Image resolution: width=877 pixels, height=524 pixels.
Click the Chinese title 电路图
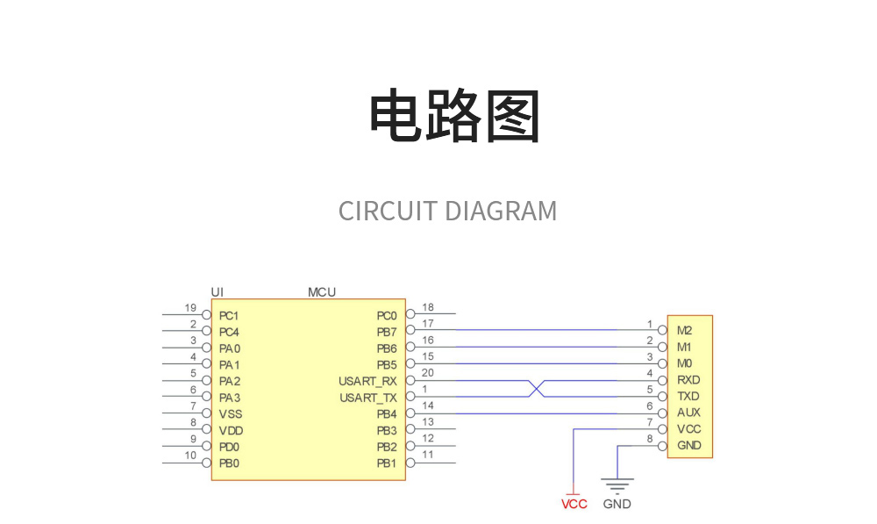(x=453, y=116)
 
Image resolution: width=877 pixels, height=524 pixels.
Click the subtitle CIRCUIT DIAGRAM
(x=447, y=212)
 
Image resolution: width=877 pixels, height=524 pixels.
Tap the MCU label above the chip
(x=321, y=291)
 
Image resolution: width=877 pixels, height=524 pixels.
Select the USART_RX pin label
(x=367, y=381)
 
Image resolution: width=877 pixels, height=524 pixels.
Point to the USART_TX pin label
(x=367, y=398)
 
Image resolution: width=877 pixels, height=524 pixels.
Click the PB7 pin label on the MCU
(x=387, y=332)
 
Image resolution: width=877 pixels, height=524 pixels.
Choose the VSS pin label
(x=231, y=413)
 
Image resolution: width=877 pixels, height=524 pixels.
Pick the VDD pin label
(x=231, y=430)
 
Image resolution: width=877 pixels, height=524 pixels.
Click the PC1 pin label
(x=229, y=315)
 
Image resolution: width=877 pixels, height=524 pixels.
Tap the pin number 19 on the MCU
(x=190, y=308)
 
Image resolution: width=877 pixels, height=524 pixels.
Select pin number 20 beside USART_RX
(x=427, y=374)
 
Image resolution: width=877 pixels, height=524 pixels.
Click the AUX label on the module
(x=688, y=413)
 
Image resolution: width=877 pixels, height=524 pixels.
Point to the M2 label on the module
(x=685, y=331)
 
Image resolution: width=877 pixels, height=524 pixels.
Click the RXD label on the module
(x=688, y=380)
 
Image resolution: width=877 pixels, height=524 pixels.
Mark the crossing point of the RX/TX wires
(x=537, y=388)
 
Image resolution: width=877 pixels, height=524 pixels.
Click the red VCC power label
(x=574, y=505)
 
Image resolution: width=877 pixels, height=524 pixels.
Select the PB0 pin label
(x=229, y=463)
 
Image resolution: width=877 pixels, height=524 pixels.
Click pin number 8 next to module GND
(x=650, y=439)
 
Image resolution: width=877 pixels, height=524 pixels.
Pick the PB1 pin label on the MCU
(x=387, y=463)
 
